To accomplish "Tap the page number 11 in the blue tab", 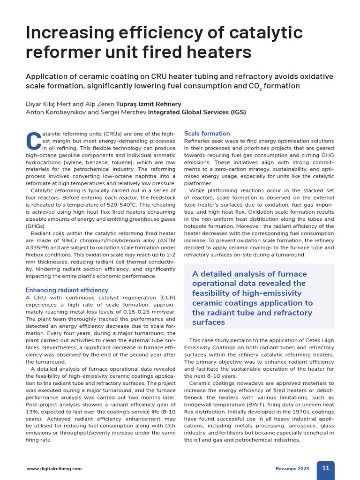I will point(325,468).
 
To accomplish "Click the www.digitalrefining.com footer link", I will point(54,468).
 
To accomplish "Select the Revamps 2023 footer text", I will point(292,468).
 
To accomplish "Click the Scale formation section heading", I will point(207,134).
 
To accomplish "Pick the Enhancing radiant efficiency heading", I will point(67,290).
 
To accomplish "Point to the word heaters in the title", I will point(220,52).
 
